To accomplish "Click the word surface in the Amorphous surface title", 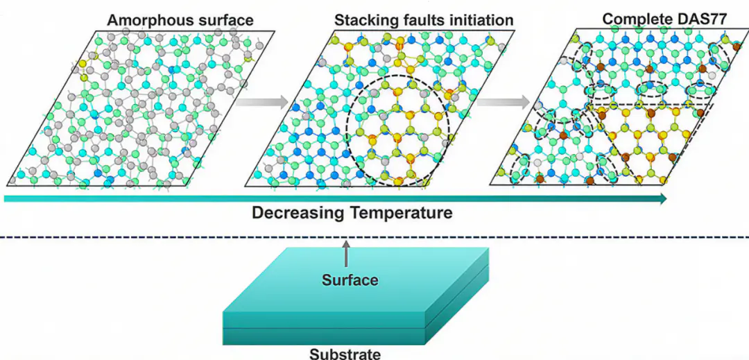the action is (x=225, y=20).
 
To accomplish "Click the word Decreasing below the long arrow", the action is (x=296, y=213).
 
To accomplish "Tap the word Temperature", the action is (x=398, y=213).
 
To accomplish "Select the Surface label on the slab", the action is (x=350, y=280).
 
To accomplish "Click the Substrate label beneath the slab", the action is (x=345, y=354).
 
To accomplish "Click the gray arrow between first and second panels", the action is (x=261, y=102).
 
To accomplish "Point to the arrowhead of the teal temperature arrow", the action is (x=662, y=199).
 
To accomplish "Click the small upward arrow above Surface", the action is (x=346, y=254).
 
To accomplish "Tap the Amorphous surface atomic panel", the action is (x=144, y=108).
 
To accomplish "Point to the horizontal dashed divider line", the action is (x=374, y=237).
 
